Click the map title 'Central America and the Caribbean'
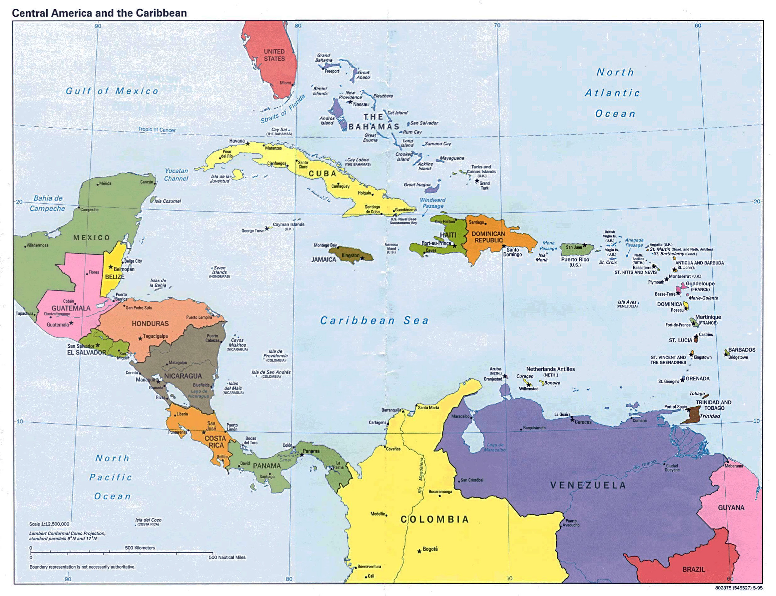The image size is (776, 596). (100, 13)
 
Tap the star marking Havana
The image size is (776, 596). (248, 144)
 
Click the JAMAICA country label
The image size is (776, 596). (324, 260)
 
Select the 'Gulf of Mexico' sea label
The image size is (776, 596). (112, 91)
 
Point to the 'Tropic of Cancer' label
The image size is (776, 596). (157, 130)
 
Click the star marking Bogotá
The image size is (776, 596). (419, 551)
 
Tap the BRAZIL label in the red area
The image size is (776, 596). (693, 569)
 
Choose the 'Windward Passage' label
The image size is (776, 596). (432, 203)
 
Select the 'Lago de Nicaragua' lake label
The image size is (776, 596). (198, 394)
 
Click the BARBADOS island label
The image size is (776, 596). (742, 350)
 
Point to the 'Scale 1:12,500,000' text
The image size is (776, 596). (49, 524)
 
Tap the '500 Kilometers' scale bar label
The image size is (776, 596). (140, 548)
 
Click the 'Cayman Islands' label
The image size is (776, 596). (288, 224)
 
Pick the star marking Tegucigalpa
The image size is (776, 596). (140, 339)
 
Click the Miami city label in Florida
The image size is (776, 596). (285, 83)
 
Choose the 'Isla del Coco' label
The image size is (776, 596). (148, 520)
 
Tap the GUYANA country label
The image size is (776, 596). (731, 508)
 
